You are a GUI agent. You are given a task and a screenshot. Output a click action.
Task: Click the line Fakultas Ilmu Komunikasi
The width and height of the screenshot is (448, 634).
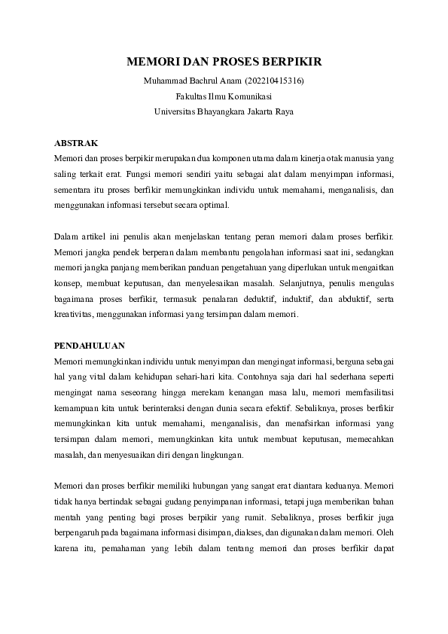(224, 96)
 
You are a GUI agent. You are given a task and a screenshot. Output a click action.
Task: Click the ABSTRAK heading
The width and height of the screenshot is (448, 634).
(76, 143)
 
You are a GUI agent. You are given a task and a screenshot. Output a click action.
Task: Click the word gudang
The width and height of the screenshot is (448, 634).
(171, 503)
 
